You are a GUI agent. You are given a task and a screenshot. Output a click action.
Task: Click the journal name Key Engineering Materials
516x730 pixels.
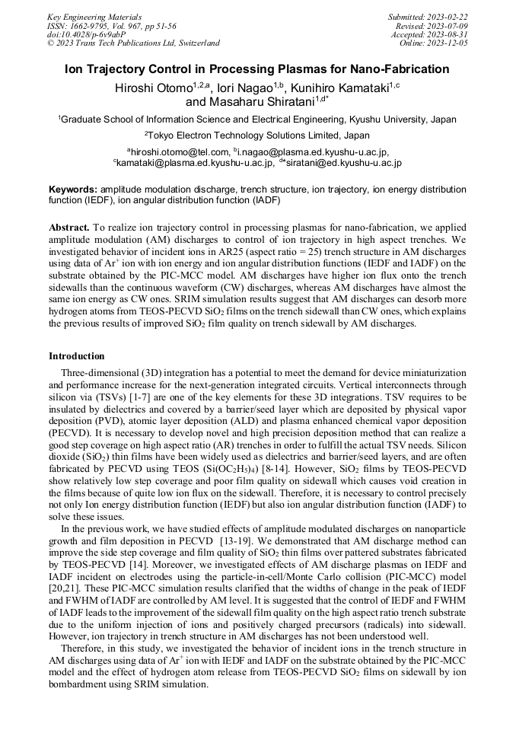coord(94,16)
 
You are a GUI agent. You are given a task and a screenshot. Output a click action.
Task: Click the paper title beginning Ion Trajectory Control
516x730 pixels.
coord(257,69)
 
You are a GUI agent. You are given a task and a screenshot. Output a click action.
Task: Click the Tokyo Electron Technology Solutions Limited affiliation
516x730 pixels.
coord(257,135)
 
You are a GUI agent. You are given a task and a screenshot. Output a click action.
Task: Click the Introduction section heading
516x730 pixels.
coord(78,356)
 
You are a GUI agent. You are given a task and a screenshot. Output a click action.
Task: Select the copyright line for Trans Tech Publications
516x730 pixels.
coord(133,43)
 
